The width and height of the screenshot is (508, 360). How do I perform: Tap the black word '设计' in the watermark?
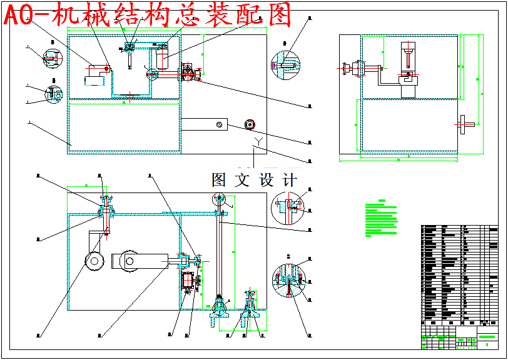(x=278, y=181)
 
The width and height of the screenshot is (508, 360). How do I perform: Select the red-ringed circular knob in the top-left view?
(x=250, y=124)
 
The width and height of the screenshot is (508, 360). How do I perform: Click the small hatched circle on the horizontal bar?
(x=219, y=125)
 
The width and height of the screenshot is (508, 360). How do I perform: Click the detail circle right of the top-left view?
(x=285, y=65)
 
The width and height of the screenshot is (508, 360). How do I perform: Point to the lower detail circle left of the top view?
(x=53, y=94)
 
